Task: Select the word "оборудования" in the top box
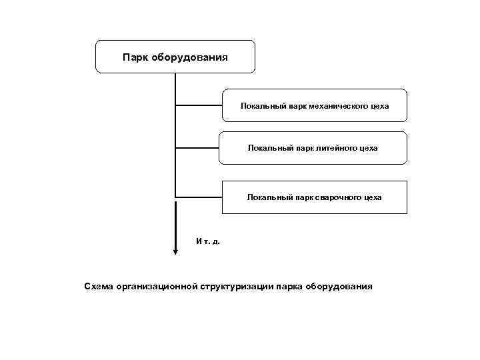point(189,57)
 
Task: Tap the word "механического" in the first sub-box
point(331,106)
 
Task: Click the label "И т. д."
point(207,241)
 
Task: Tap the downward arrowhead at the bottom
point(175,251)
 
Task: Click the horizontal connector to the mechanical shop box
point(199,105)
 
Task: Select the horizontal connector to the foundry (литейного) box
point(197,147)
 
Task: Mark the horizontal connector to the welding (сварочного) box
point(199,197)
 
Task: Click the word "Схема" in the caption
point(98,287)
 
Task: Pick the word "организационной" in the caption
point(155,287)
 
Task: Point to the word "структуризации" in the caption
point(234,287)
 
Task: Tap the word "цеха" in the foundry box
point(367,148)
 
